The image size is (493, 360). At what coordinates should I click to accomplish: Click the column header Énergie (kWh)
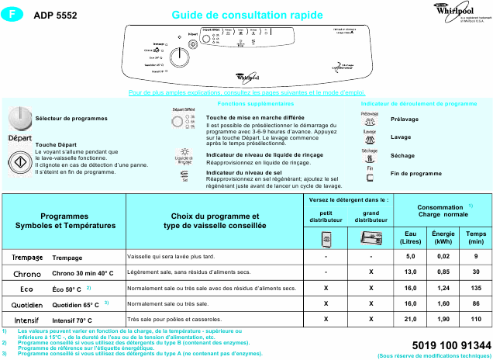pyautogui.click(x=443, y=237)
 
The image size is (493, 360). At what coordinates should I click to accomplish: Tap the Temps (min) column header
pyautogui.click(x=476, y=237)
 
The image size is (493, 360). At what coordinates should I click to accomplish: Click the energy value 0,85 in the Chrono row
pyautogui.click(x=443, y=272)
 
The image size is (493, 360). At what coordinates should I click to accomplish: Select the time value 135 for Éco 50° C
pyautogui.click(x=476, y=288)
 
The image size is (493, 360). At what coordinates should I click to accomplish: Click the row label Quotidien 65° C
pyautogui.click(x=75, y=304)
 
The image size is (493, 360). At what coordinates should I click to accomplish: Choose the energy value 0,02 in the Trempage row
pyautogui.click(x=443, y=255)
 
